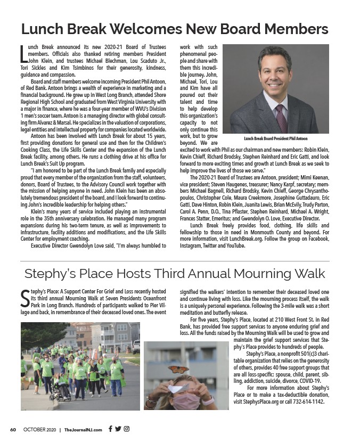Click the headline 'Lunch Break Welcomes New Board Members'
[174, 29]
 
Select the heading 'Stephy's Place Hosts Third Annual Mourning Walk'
[175, 274]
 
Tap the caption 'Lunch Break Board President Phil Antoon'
[276, 138]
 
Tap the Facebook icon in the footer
[110, 429]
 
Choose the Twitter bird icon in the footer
[118, 429]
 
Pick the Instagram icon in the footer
[127, 429]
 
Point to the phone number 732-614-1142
[307, 402]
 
